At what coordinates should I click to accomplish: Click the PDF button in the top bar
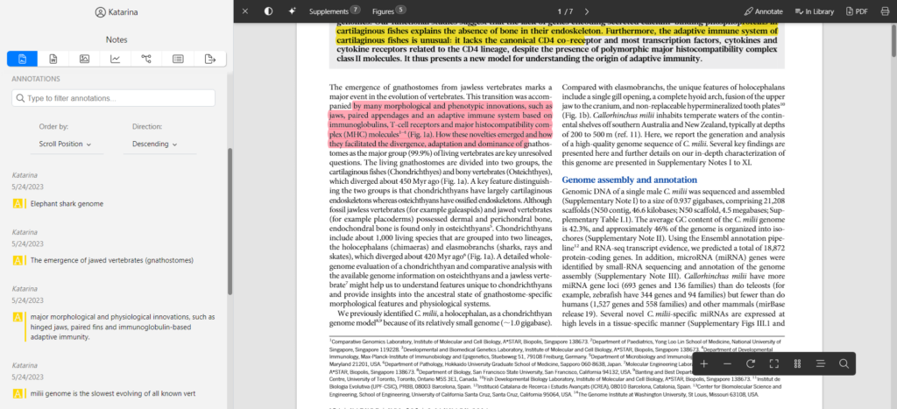coord(856,11)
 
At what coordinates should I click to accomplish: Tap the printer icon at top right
coord(884,11)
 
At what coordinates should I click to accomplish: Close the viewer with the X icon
coord(245,11)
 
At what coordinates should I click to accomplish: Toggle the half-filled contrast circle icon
coord(268,11)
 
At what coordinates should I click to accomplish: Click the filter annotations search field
coord(119,98)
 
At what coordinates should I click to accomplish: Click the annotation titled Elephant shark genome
coord(67,204)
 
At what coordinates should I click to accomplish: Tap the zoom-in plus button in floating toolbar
coord(703,363)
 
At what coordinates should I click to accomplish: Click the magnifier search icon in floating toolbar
coord(844,363)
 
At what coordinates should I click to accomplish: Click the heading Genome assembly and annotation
coord(629,180)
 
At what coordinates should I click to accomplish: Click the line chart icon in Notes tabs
coord(115,59)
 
